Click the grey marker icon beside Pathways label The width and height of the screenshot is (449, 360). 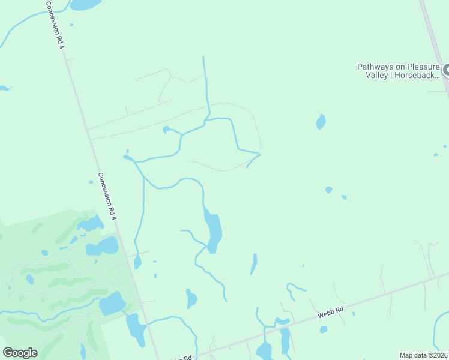pyautogui.click(x=445, y=71)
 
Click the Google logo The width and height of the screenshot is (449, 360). pyautogui.click(x=20, y=352)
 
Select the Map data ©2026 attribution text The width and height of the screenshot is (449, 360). pyautogui.click(x=423, y=355)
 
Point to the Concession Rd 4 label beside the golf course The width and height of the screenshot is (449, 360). pyautogui.click(x=106, y=196)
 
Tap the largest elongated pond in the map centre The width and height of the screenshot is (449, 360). pyautogui.click(x=213, y=229)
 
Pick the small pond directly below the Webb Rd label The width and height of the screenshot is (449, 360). pyautogui.click(x=324, y=329)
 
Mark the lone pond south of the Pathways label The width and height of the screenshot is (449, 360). pyautogui.click(x=321, y=122)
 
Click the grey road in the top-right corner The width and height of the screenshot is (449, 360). pyautogui.click(x=435, y=42)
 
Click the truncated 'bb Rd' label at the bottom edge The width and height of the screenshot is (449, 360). pyautogui.click(x=182, y=358)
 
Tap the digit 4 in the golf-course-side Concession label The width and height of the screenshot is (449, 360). pyautogui.click(x=113, y=214)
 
